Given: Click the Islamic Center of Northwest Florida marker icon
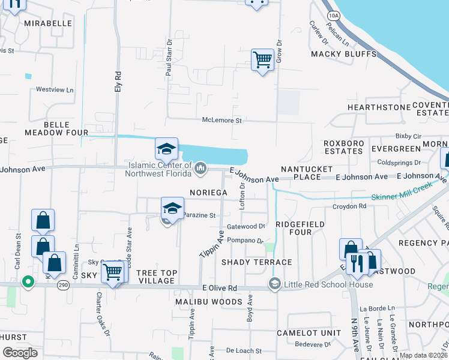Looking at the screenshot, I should (x=200, y=170).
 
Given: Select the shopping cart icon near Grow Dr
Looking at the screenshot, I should (x=262, y=60).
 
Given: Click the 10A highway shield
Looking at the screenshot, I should (x=334, y=15).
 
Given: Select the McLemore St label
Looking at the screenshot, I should (x=221, y=121).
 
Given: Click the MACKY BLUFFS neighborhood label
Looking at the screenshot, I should (x=343, y=55).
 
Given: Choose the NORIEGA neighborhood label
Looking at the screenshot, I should (x=208, y=193).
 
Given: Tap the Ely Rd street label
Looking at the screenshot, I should (x=118, y=82).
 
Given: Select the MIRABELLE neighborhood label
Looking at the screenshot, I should (x=48, y=23).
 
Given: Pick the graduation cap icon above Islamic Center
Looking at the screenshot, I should (x=167, y=148).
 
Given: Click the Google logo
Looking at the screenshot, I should (x=20, y=353).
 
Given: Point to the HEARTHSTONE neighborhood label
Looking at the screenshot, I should (x=373, y=107).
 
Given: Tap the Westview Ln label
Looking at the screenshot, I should (x=54, y=90).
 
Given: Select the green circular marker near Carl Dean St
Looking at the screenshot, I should (x=27, y=281).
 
